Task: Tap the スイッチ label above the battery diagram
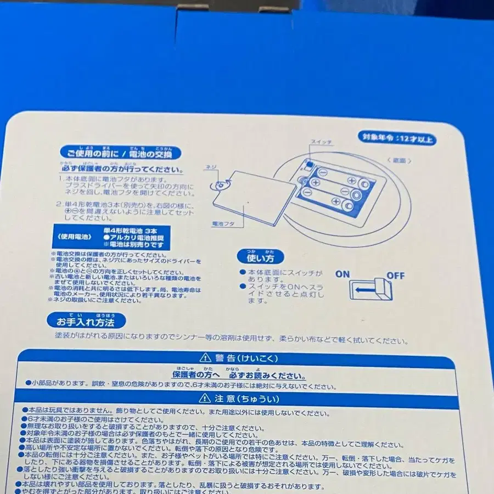pyautogui.click(x=322, y=142)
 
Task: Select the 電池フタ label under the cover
pyautogui.click(x=223, y=224)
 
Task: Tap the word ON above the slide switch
pyautogui.click(x=342, y=274)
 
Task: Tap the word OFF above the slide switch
pyautogui.click(x=395, y=275)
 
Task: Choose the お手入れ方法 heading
pyautogui.click(x=87, y=320)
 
